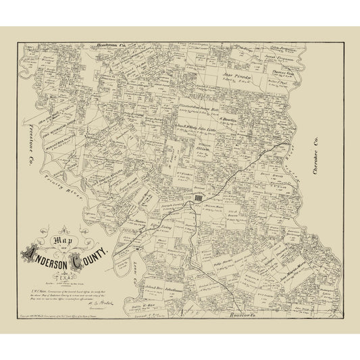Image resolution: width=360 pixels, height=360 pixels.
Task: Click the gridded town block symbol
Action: click(199, 198)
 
